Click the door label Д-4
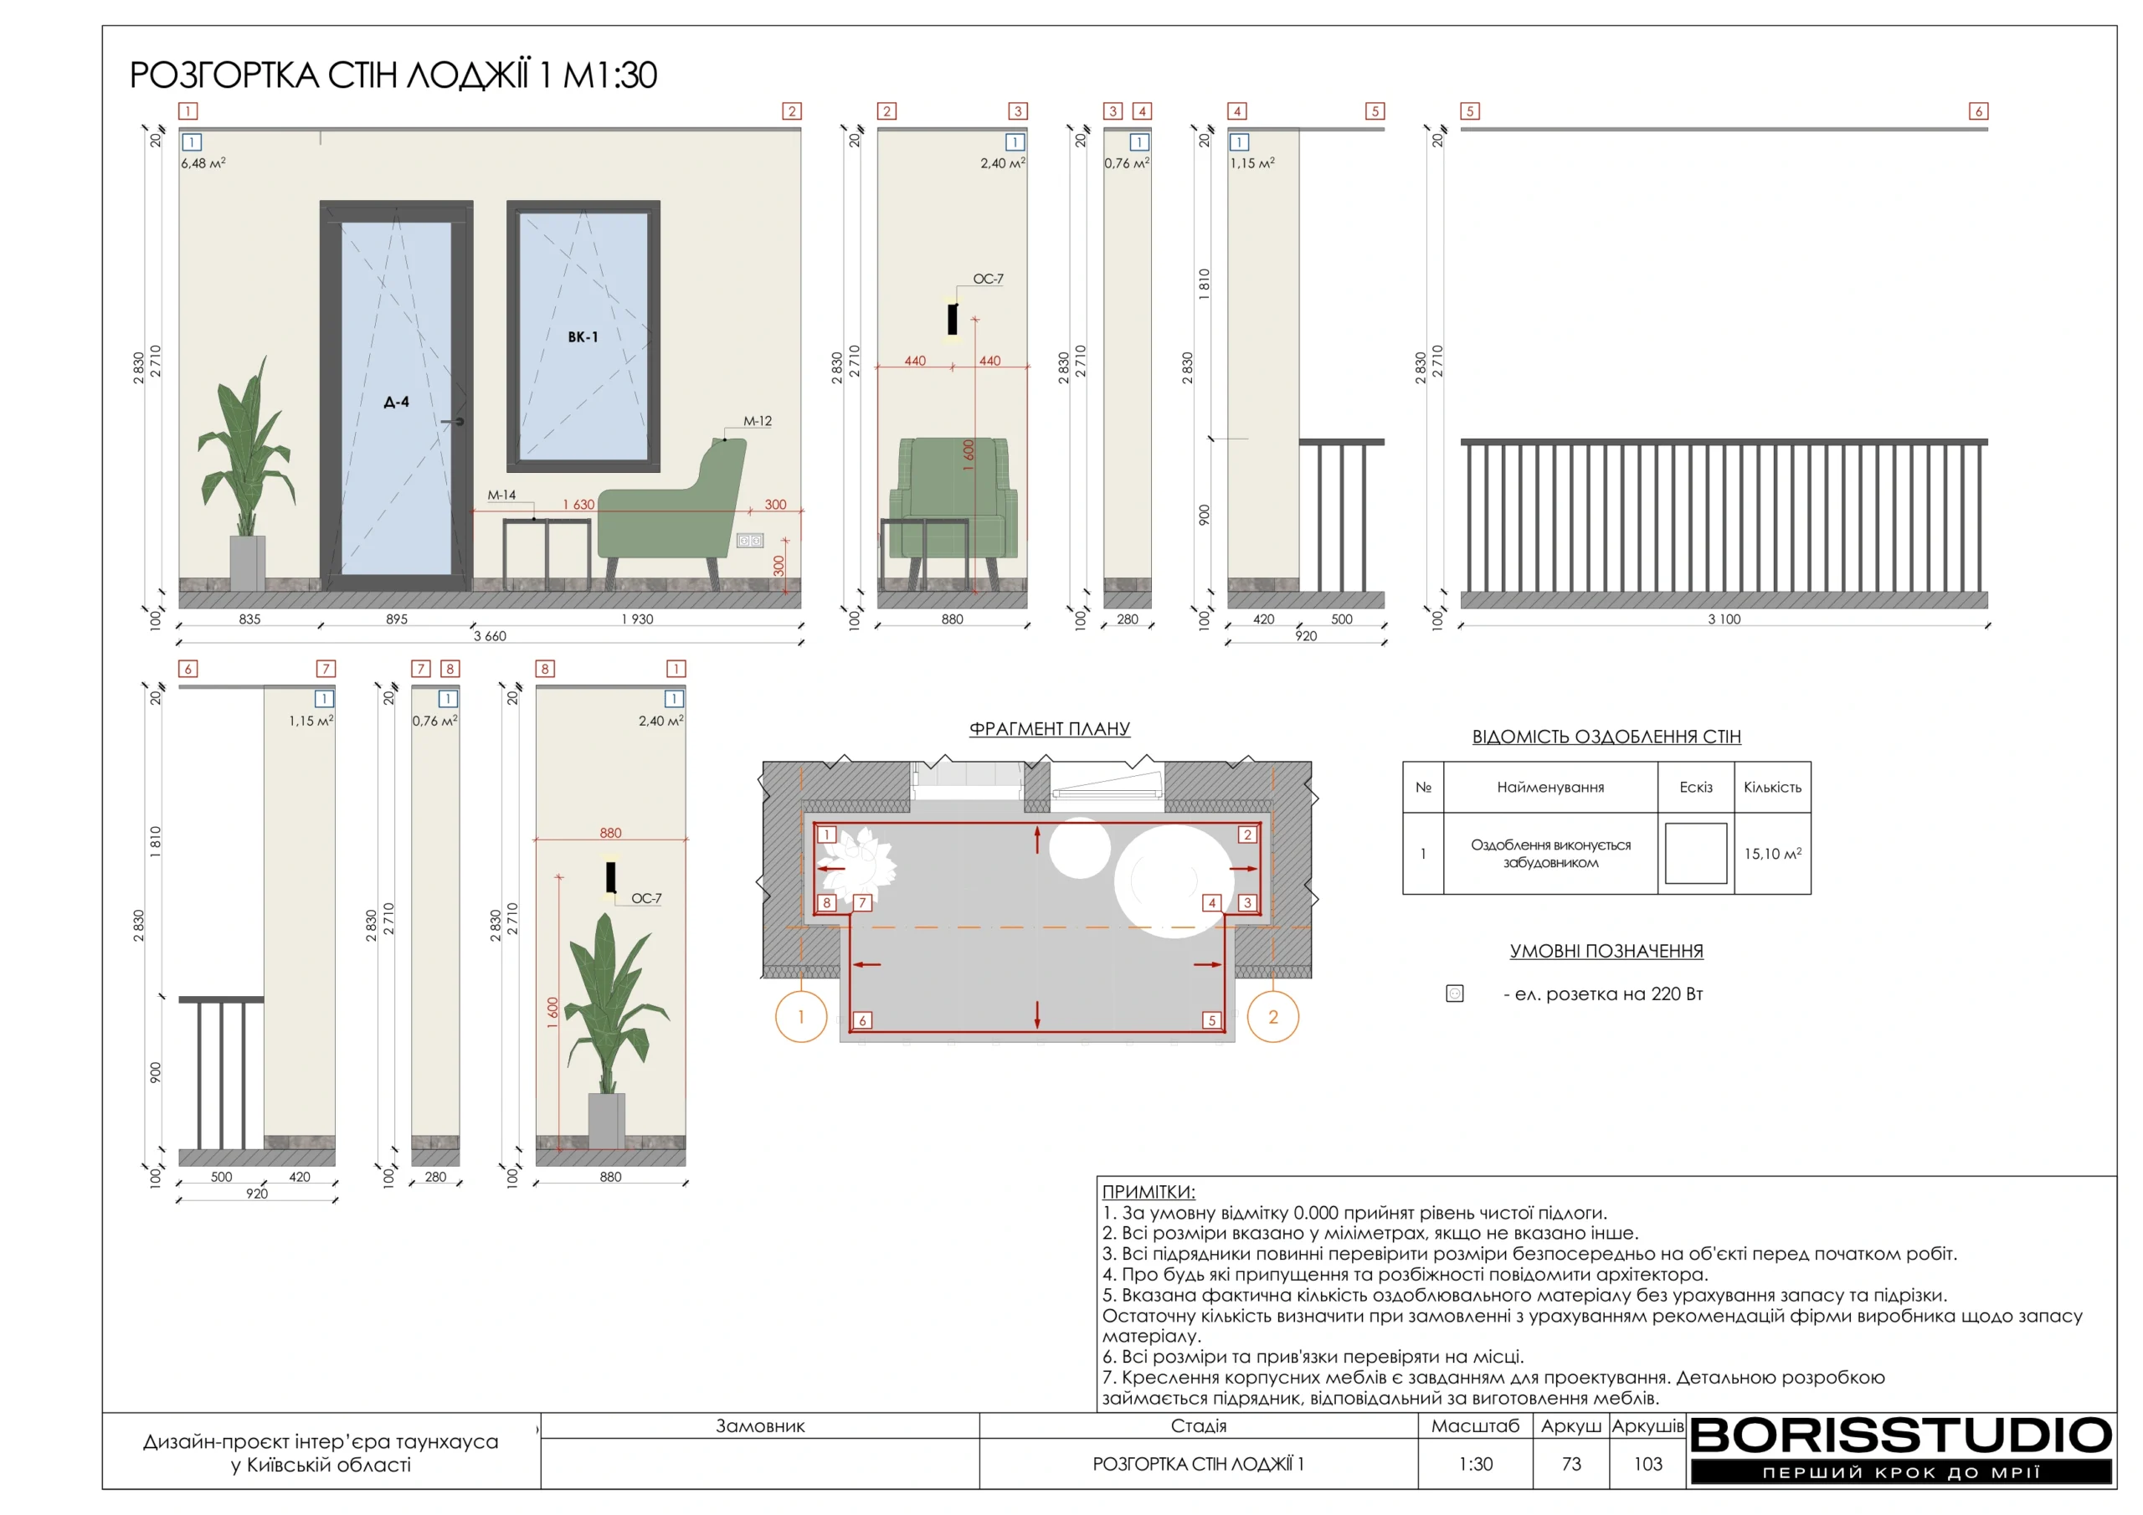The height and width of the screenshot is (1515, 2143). (x=397, y=403)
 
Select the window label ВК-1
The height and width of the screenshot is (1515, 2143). (x=583, y=337)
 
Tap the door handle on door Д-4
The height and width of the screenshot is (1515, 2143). (x=455, y=422)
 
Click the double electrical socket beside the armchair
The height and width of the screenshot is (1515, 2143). (x=750, y=541)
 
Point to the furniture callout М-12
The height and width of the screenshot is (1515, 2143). (x=757, y=421)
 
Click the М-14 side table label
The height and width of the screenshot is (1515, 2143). (x=501, y=495)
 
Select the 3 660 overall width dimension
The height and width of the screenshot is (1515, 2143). (x=490, y=637)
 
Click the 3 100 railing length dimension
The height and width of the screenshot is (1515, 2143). (x=1724, y=620)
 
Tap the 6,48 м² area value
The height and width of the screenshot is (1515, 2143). (x=203, y=163)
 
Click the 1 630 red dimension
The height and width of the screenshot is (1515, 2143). (x=578, y=504)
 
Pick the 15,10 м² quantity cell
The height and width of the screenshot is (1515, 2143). (x=1772, y=853)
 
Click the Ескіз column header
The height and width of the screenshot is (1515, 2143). (x=1696, y=787)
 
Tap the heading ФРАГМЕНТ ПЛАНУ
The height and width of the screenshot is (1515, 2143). (x=1049, y=728)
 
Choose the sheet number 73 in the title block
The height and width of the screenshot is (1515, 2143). (x=1572, y=1464)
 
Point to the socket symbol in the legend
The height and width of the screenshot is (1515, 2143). (x=1454, y=994)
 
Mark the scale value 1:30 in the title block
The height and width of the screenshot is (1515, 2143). (x=1476, y=1464)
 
